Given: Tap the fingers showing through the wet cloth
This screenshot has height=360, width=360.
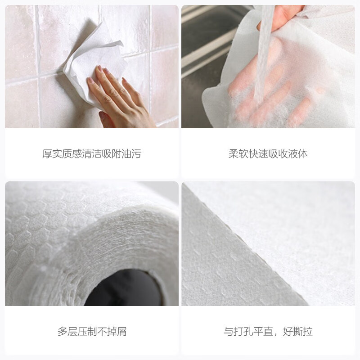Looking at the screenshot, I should click(x=270, y=103).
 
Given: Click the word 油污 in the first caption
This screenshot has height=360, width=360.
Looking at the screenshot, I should click(x=131, y=154).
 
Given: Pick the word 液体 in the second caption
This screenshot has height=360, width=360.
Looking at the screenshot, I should click(x=298, y=154).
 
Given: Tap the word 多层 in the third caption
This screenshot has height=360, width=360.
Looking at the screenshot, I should click(x=67, y=332).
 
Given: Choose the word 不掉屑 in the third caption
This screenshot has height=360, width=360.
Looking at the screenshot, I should click(x=112, y=332).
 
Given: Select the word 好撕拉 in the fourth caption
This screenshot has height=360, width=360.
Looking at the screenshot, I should click(x=298, y=332).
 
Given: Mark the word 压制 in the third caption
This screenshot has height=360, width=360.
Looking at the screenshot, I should click(x=87, y=332).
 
